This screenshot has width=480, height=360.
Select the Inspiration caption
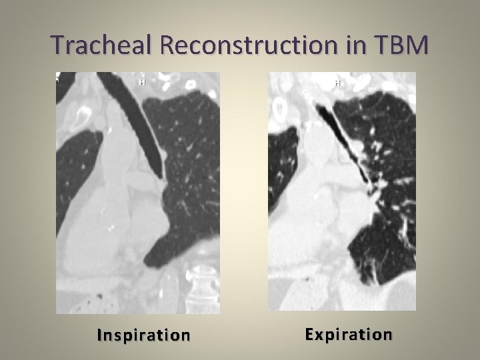[143, 335]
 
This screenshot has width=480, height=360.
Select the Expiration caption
[349, 334]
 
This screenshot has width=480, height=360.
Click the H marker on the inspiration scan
[142, 82]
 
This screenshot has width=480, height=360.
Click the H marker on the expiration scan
[337, 83]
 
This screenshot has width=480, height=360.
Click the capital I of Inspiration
[99, 335]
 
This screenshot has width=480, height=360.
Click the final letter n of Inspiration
[185, 335]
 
